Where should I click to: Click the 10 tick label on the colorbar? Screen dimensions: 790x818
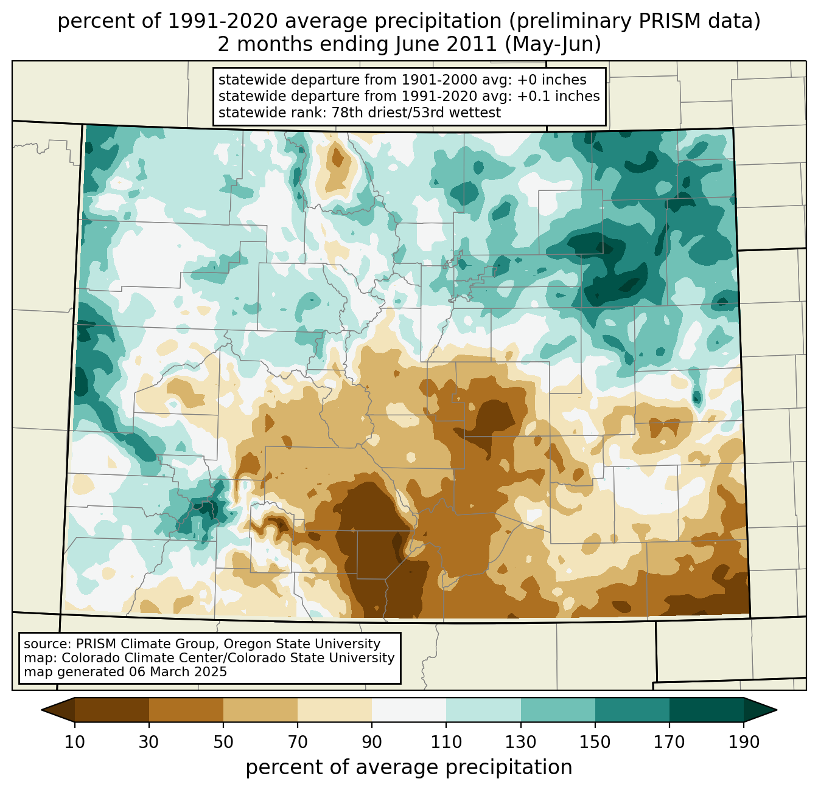point(75,743)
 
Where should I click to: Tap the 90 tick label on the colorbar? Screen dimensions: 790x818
point(372,743)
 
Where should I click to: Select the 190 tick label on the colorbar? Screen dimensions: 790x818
point(744,743)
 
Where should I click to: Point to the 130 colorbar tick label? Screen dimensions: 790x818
point(521,743)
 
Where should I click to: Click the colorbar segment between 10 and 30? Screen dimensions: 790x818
point(112,710)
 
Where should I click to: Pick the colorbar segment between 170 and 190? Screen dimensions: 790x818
point(707,710)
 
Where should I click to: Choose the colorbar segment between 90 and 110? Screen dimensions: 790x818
point(409,710)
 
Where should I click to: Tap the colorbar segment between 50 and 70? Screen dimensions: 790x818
point(260,710)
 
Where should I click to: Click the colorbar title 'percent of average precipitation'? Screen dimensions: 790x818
point(409,767)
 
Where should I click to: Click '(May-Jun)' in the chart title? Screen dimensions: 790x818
point(553,44)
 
